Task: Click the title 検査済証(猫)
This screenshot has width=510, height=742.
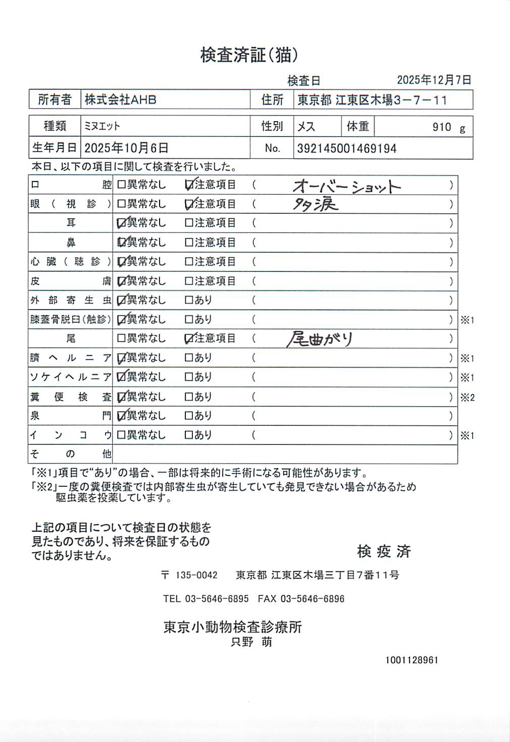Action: (249, 55)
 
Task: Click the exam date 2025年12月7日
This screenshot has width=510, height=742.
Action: (434, 80)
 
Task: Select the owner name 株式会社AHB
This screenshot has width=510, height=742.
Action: (120, 100)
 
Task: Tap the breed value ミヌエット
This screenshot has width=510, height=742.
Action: (102, 126)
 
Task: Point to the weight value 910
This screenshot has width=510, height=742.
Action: (441, 127)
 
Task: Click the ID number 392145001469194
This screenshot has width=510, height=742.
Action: (346, 149)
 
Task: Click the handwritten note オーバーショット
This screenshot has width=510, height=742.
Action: (346, 187)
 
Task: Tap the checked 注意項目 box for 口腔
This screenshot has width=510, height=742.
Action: (189, 185)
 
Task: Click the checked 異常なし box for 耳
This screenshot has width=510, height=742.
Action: (121, 223)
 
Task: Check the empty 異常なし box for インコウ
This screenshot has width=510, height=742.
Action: (121, 435)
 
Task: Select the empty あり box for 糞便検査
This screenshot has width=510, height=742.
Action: (189, 397)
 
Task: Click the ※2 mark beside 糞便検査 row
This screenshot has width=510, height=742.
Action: (467, 397)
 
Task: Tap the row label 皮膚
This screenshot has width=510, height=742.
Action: (70, 281)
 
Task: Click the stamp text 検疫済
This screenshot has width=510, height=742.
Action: (384, 551)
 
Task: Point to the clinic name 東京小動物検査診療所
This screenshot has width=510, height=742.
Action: (232, 627)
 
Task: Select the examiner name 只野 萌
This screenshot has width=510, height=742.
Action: (251, 642)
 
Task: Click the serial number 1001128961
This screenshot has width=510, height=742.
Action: (412, 660)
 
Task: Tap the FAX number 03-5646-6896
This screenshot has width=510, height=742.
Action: (312, 599)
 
